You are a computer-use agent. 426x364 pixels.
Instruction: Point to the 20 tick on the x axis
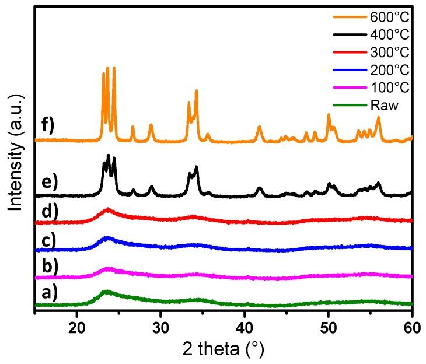point(76,325)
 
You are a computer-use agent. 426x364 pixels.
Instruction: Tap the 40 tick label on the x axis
point(245,325)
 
